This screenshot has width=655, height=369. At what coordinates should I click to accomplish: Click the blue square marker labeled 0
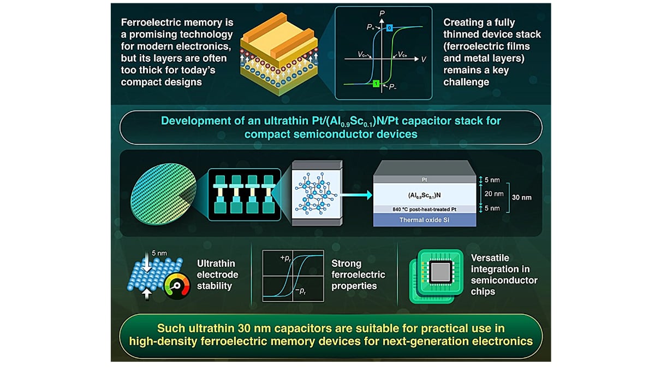[x=389, y=28]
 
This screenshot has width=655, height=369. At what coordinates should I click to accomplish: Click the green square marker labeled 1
[x=376, y=84]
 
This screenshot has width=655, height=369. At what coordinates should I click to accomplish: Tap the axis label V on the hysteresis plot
[x=424, y=60]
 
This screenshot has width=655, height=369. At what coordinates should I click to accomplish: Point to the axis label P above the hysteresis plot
[x=382, y=13]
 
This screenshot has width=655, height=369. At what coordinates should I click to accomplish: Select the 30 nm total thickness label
[x=522, y=197]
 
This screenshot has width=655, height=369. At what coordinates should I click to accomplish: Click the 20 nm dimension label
[x=494, y=194]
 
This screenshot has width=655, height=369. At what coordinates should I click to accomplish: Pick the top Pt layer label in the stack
[x=424, y=179]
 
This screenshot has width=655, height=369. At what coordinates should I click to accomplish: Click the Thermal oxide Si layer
[x=425, y=220]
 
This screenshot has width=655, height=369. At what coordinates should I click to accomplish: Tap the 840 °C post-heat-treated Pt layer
[x=425, y=209]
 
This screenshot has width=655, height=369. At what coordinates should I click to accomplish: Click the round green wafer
[x=163, y=194]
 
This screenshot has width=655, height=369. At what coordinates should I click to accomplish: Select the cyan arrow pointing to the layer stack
[x=356, y=195]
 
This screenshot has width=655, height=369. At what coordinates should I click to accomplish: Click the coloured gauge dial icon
[x=177, y=286]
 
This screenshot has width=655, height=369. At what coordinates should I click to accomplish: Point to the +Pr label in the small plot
[x=285, y=258]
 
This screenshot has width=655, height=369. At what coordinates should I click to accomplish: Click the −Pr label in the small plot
[x=301, y=291]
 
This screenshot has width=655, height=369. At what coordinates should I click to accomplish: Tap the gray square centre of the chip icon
[x=440, y=272]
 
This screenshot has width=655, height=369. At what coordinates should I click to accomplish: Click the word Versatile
[x=490, y=257]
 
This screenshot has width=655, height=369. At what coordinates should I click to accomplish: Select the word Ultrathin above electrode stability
[x=216, y=263]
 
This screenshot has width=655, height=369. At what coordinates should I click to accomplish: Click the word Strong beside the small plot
[x=346, y=263]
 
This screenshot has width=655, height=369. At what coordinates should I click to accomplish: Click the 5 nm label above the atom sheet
[x=159, y=253]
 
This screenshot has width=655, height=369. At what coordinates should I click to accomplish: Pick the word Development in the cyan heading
[x=195, y=121]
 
